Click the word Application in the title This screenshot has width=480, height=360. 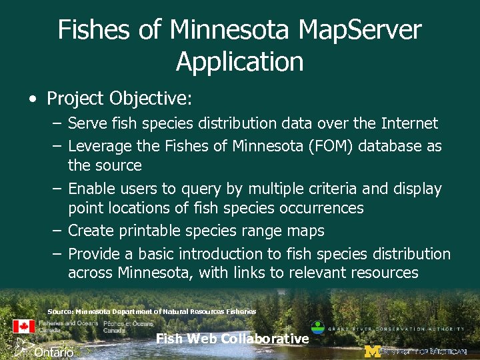[240, 62]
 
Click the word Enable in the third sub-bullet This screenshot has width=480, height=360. [91, 189]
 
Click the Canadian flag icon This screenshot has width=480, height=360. [23, 326]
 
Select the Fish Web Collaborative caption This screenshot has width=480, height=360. [232, 339]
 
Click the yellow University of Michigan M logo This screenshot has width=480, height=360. [371, 351]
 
